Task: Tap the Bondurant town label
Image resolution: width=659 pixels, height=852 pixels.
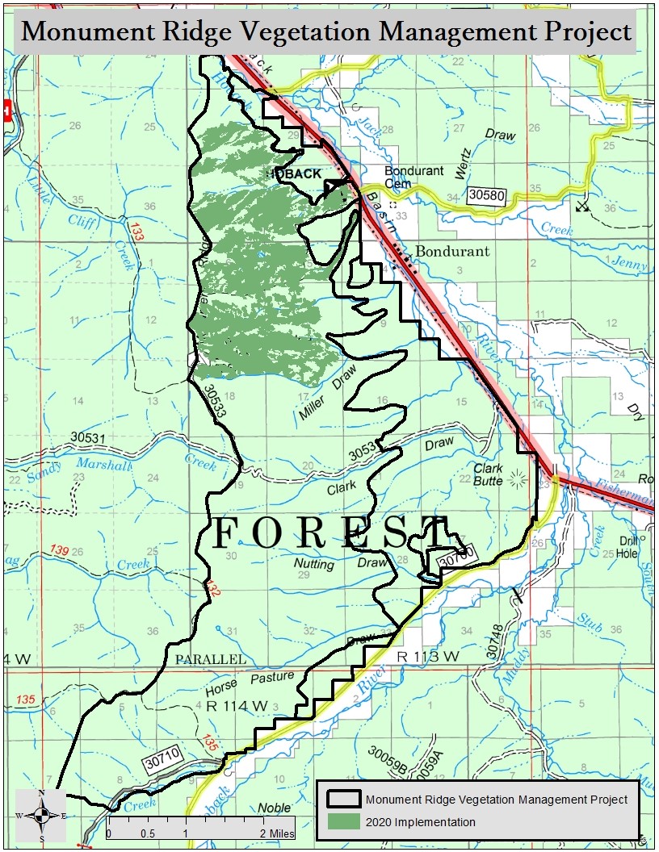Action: coord(452,251)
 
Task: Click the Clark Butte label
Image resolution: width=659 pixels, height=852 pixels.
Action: coord(488,474)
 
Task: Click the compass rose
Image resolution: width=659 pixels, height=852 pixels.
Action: coord(42,815)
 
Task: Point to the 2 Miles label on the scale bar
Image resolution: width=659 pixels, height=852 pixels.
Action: coord(277,833)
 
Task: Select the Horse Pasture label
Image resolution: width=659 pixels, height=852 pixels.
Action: coord(250,680)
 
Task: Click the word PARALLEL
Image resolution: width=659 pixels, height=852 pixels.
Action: coord(210,659)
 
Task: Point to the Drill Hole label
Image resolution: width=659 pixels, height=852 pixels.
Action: coord(628,547)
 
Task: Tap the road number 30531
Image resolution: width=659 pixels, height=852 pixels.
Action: coord(89,437)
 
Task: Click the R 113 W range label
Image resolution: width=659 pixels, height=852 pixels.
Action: coord(428,657)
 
